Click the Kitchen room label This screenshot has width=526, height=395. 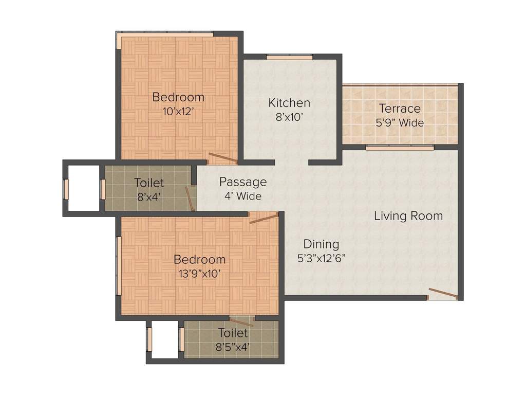[x=289, y=103]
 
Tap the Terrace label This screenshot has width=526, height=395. [x=400, y=109]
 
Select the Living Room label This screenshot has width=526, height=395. [x=408, y=216]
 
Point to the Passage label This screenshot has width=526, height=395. [x=243, y=182]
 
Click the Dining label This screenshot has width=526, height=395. [x=321, y=244]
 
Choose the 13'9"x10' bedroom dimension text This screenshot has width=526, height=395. [x=199, y=274]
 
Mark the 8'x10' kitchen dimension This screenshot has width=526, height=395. [x=289, y=117]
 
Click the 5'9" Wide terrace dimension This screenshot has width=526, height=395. [x=400, y=123]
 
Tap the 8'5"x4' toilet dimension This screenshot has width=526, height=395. [x=233, y=347]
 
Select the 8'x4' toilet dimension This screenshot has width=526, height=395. [x=149, y=196]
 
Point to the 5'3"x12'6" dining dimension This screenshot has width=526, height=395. [x=321, y=258]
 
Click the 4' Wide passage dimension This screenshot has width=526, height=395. [x=243, y=196]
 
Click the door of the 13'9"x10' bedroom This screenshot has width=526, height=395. [x=264, y=219]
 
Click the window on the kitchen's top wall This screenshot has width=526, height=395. [x=289, y=57]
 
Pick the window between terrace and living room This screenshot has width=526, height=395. [x=400, y=148]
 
